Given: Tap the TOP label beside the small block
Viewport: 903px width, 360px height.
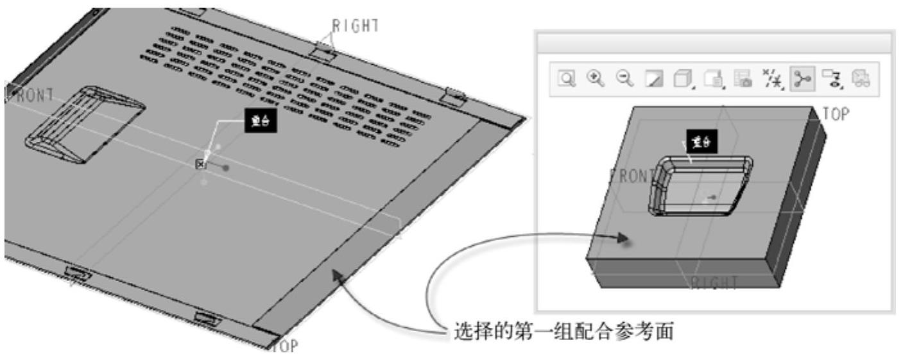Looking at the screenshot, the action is point(836,114).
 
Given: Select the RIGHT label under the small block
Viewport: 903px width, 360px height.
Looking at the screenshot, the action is point(713,282).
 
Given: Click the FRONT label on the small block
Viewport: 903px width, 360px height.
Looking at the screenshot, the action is point(632,176).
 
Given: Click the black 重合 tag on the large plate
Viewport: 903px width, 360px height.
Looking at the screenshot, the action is point(261,124).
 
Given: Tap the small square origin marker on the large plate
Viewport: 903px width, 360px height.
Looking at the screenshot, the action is point(200,164).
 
